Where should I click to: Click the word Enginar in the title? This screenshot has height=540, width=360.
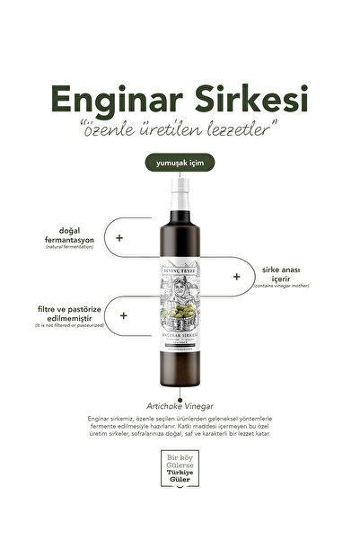[x=118, y=97]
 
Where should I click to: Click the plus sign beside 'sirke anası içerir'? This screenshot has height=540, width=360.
[x=237, y=278]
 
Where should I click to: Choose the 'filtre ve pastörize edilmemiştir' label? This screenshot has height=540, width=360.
[x=73, y=312]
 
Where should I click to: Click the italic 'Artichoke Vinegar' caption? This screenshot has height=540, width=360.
[x=179, y=405]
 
